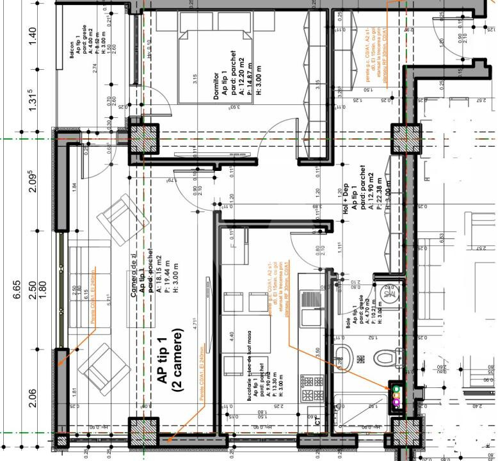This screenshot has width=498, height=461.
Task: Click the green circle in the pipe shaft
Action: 396,389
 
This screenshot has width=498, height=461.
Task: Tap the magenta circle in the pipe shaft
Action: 396,402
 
